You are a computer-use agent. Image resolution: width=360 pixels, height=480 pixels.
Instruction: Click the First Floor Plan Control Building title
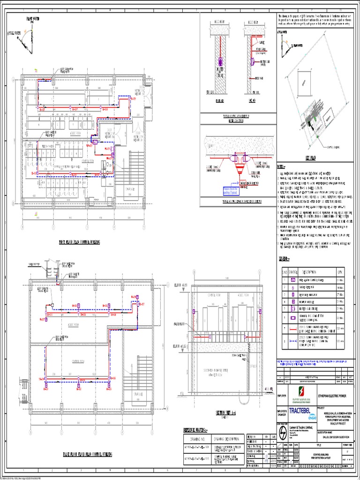click(79, 242)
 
